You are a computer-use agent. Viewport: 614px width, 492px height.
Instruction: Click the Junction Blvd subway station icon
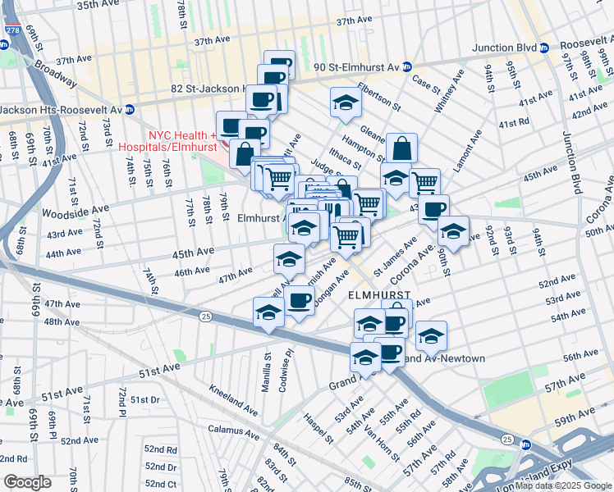pyautogui.click(x=546, y=48)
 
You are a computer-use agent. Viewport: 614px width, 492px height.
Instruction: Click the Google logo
pyautogui.click(x=26, y=481)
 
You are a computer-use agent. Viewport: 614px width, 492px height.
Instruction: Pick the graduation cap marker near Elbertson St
pyautogui.click(x=346, y=102)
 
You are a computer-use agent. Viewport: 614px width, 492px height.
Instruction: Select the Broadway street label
pyautogui.click(x=55, y=74)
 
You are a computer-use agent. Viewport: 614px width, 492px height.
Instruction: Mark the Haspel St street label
pyautogui.click(x=318, y=427)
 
